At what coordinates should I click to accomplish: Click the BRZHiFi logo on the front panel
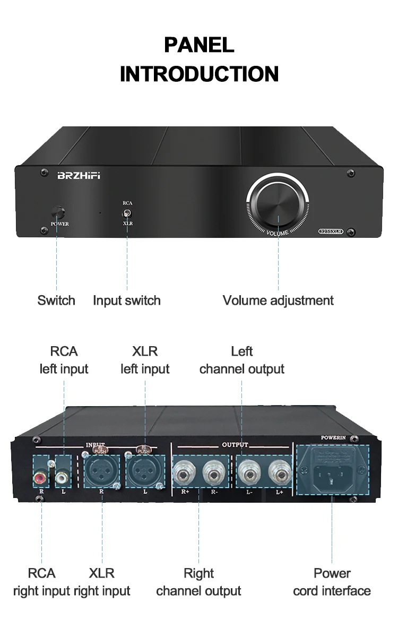[78, 176]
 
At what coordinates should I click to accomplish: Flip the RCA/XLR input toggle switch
[127, 213]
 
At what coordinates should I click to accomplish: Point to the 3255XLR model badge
[330, 231]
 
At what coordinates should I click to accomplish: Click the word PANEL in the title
[199, 45]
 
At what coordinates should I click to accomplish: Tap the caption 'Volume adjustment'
[278, 300]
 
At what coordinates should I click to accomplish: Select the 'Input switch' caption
[126, 300]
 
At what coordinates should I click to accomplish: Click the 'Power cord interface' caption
[332, 582]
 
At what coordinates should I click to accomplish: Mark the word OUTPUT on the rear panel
[235, 444]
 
